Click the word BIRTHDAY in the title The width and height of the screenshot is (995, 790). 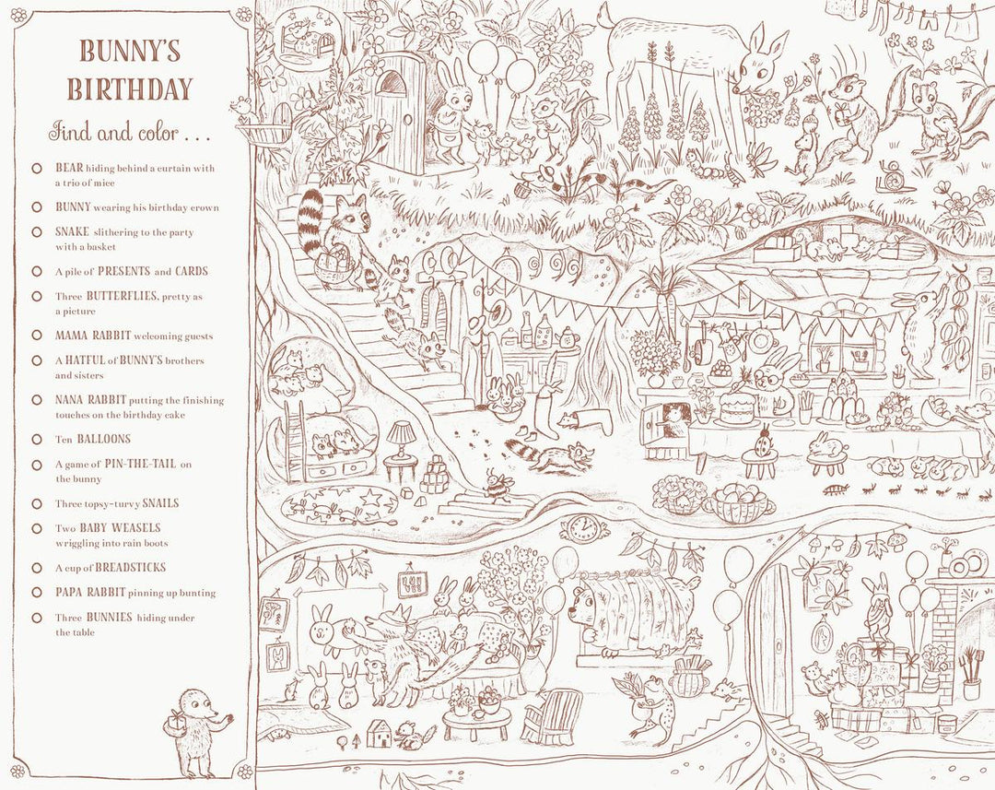tap(129, 88)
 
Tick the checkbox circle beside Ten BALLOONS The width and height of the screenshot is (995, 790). tap(36, 440)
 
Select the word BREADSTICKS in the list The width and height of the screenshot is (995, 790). tap(131, 568)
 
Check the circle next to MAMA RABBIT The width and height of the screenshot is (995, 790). tap(36, 336)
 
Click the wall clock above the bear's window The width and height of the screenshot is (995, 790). tap(582, 528)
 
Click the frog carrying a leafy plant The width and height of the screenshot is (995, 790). tap(648, 702)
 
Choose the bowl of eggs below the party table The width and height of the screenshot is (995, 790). tap(739, 502)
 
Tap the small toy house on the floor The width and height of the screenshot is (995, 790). tap(380, 733)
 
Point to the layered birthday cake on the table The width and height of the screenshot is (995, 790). tap(737, 406)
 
